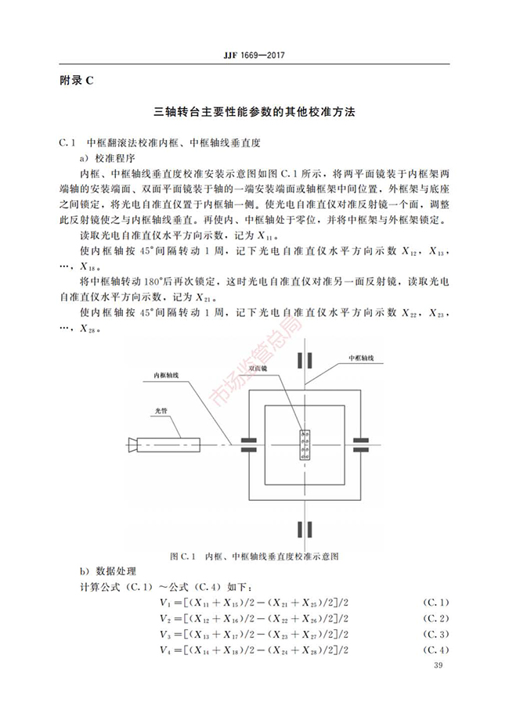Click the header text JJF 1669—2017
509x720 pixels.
(254, 56)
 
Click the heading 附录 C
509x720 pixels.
(76, 81)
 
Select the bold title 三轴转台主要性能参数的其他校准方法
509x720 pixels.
(254, 113)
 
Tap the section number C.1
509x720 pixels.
(67, 144)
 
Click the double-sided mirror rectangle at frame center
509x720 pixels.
(305, 446)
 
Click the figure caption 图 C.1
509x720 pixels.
(254, 556)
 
